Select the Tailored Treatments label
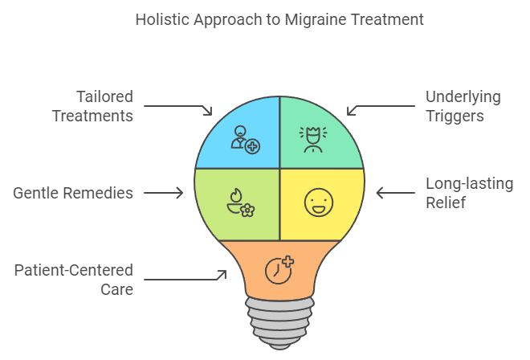[x=92, y=106]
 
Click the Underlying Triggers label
[x=463, y=106]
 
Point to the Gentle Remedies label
[x=73, y=193]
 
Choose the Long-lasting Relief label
[x=469, y=193]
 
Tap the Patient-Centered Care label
[x=74, y=280]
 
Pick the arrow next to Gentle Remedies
[x=164, y=193]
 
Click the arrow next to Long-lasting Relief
[x=395, y=193]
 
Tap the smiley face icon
[x=319, y=202]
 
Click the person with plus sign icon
[x=246, y=140]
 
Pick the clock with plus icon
[x=279, y=270]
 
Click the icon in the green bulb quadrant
[x=313, y=139]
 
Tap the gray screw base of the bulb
[x=279, y=323]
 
